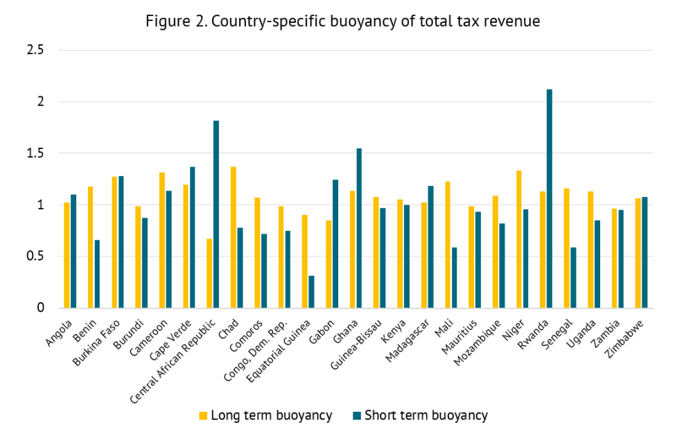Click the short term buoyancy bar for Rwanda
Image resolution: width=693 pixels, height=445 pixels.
pos(550,199)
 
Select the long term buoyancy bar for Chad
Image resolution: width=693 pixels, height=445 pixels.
pos(234,238)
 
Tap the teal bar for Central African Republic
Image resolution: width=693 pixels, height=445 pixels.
pos(216,214)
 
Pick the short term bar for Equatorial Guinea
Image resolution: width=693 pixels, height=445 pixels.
pos(311,292)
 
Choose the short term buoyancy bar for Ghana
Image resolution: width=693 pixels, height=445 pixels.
pos(359,228)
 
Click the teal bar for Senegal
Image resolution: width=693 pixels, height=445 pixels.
pos(573,277)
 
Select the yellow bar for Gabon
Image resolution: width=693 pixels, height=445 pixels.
pos(328,264)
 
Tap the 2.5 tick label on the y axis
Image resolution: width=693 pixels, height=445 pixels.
pos(35,51)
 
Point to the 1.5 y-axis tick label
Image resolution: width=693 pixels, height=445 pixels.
pos(35,153)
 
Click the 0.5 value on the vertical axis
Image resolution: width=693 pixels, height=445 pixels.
pos(35,256)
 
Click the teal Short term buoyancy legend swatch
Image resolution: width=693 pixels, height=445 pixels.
pos(356,416)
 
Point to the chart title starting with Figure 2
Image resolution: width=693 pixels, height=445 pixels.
pos(342,21)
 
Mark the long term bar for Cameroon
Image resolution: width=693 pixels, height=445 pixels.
pos(162,240)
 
